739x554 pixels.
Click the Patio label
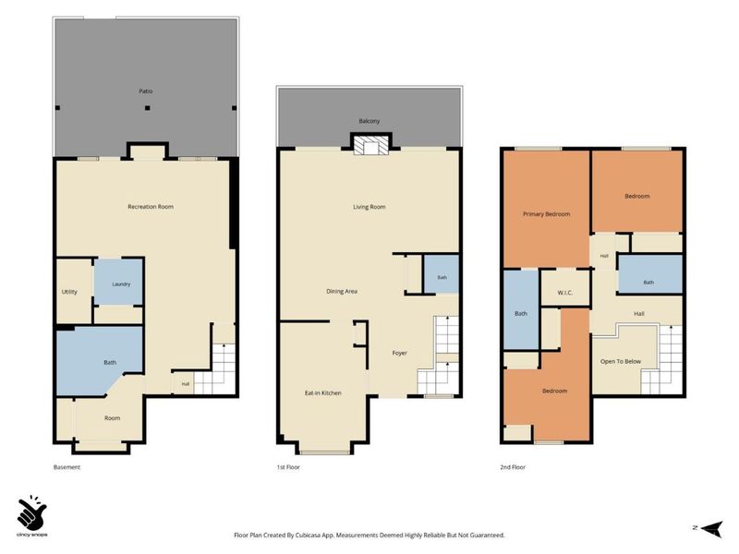(x=146, y=91)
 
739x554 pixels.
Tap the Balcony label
(x=369, y=121)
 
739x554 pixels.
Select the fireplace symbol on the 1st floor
(x=371, y=145)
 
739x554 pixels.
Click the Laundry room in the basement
(x=119, y=282)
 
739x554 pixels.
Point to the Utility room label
(x=69, y=292)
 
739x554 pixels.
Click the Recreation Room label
(x=151, y=207)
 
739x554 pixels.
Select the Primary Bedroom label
(x=547, y=214)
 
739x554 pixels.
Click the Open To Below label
(x=621, y=362)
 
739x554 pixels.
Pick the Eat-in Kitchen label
(x=322, y=393)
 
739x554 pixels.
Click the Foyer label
(x=400, y=353)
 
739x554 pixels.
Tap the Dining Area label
(x=342, y=292)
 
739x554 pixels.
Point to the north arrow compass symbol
(x=711, y=528)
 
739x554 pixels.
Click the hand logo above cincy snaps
(x=31, y=512)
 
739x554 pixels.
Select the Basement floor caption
(x=67, y=467)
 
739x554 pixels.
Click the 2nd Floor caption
(x=513, y=467)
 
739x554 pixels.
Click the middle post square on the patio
(x=148, y=108)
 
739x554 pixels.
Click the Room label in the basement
(x=112, y=418)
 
